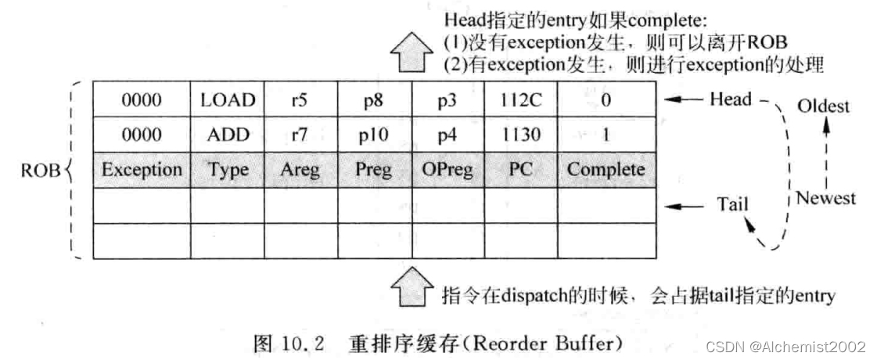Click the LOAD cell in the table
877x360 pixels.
(228, 99)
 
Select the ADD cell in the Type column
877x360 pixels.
(228, 135)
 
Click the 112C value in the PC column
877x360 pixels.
(520, 99)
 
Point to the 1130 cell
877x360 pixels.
(520, 135)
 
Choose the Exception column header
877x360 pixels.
(142, 170)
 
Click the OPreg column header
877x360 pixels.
(447, 170)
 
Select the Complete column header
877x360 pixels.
(606, 170)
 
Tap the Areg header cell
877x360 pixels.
(300, 170)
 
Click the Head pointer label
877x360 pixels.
(730, 99)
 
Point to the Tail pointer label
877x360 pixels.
(732, 205)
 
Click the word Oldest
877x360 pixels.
(822, 106)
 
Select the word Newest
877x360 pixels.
(825, 198)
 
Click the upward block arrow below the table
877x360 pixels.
(409, 290)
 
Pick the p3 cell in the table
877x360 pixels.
(447, 99)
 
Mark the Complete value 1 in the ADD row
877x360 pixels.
(606, 135)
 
